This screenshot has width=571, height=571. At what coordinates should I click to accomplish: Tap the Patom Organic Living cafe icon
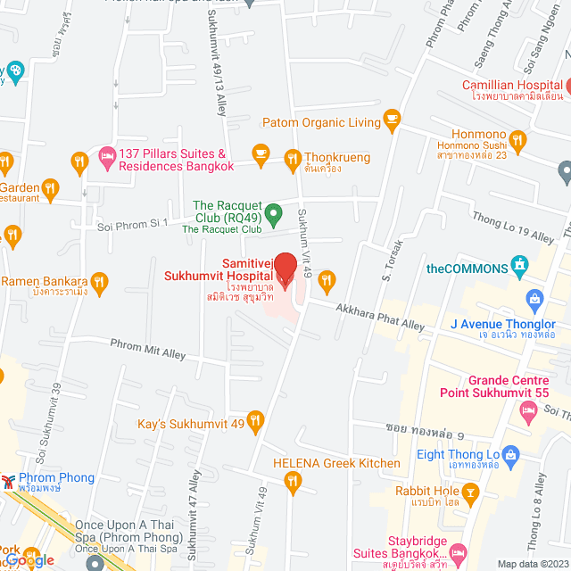click(x=390, y=119)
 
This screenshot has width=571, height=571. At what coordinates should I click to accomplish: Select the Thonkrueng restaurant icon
click(x=292, y=160)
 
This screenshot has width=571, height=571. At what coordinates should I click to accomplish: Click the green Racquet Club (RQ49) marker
click(x=275, y=213)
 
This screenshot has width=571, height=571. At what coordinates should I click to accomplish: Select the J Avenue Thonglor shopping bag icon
click(x=535, y=298)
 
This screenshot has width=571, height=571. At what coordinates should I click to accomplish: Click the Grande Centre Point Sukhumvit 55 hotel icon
click(x=526, y=409)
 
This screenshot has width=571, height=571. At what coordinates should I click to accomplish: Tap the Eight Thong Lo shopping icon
click(x=510, y=454)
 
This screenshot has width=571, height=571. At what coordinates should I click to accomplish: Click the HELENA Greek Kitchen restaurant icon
click(x=293, y=483)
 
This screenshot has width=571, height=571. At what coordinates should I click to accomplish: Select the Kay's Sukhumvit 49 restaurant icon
click(x=256, y=419)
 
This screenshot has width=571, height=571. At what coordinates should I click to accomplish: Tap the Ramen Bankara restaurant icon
click(x=99, y=284)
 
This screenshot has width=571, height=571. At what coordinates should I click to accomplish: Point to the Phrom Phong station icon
click(x=9, y=480)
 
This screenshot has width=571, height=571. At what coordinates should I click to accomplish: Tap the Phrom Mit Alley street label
click(x=148, y=348)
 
